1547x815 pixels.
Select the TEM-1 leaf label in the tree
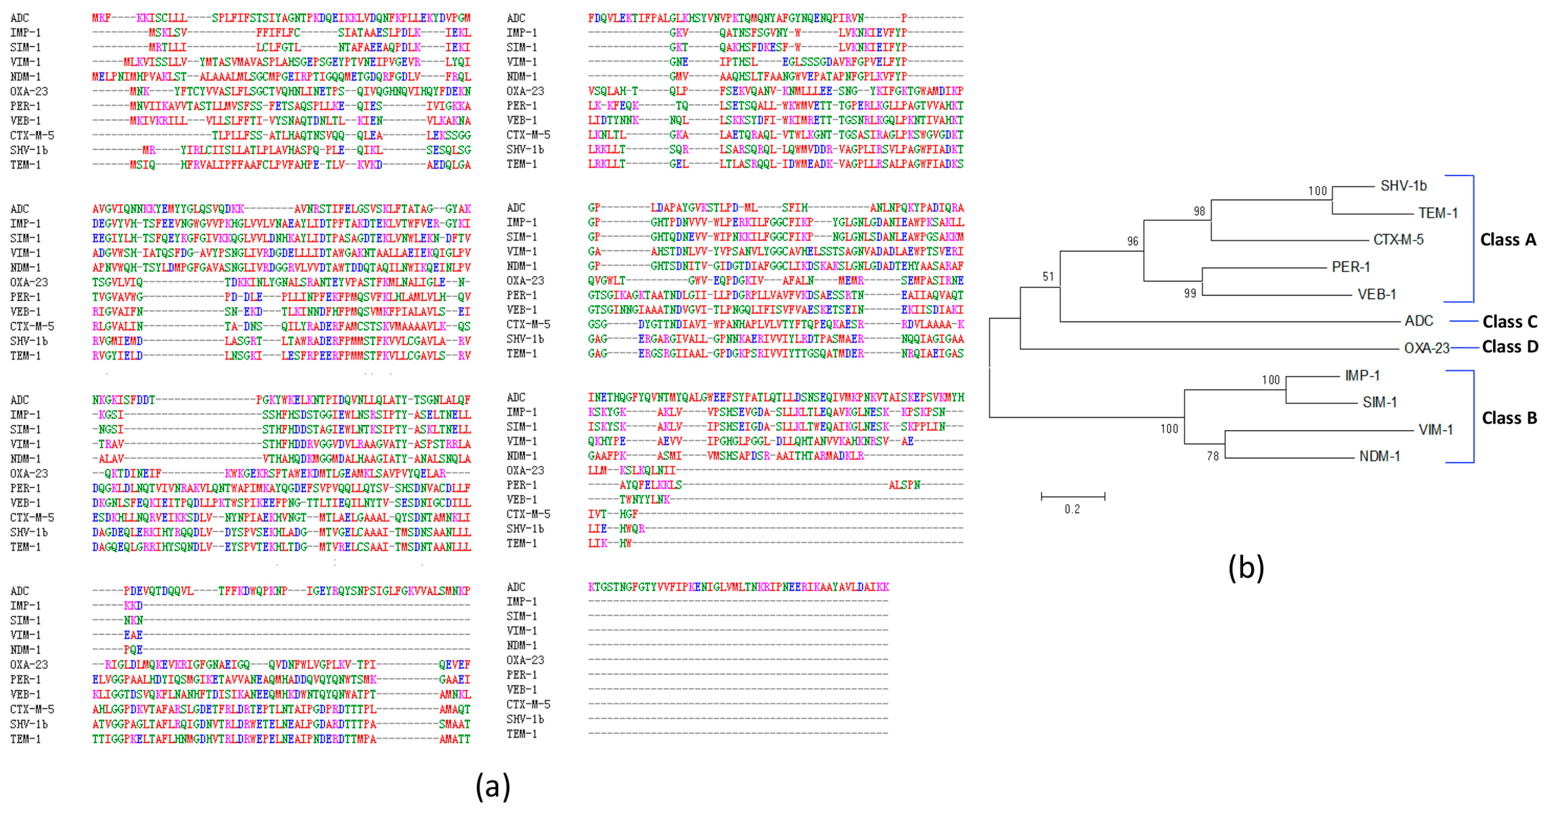[1438, 213]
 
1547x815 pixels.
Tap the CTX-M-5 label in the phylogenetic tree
[1398, 240]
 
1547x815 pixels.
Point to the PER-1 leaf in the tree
[1351, 267]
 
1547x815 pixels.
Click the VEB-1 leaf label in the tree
[1376, 294]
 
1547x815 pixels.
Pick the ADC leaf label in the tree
[1419, 321]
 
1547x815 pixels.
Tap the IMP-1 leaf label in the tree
[1362, 376]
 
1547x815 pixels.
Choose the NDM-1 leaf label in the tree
[1379, 457]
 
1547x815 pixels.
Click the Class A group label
[1507, 240]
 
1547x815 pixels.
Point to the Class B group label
[1509, 418]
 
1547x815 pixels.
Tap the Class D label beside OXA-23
[1509, 347]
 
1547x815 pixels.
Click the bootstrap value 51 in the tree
[1048, 277]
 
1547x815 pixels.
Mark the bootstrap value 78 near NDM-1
[1213, 457]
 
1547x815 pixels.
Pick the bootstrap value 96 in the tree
[1132, 241]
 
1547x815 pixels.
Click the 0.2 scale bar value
[1072, 509]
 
